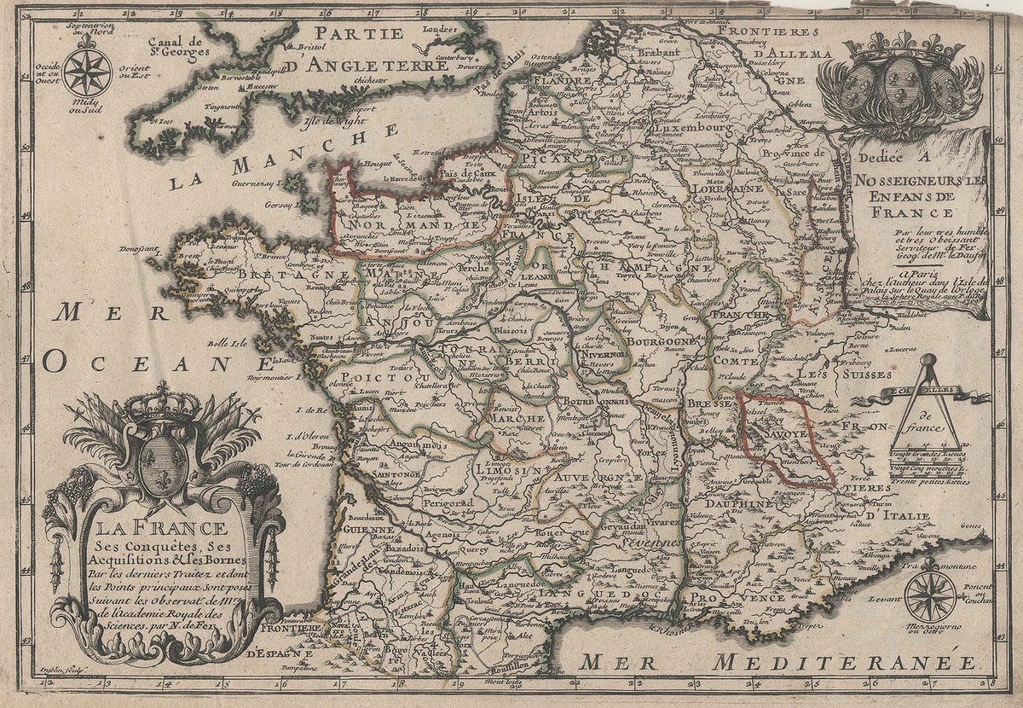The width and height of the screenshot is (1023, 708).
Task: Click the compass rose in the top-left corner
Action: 87,71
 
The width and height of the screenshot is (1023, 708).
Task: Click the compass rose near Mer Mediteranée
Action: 930,596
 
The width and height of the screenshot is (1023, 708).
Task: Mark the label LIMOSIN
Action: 508,470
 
